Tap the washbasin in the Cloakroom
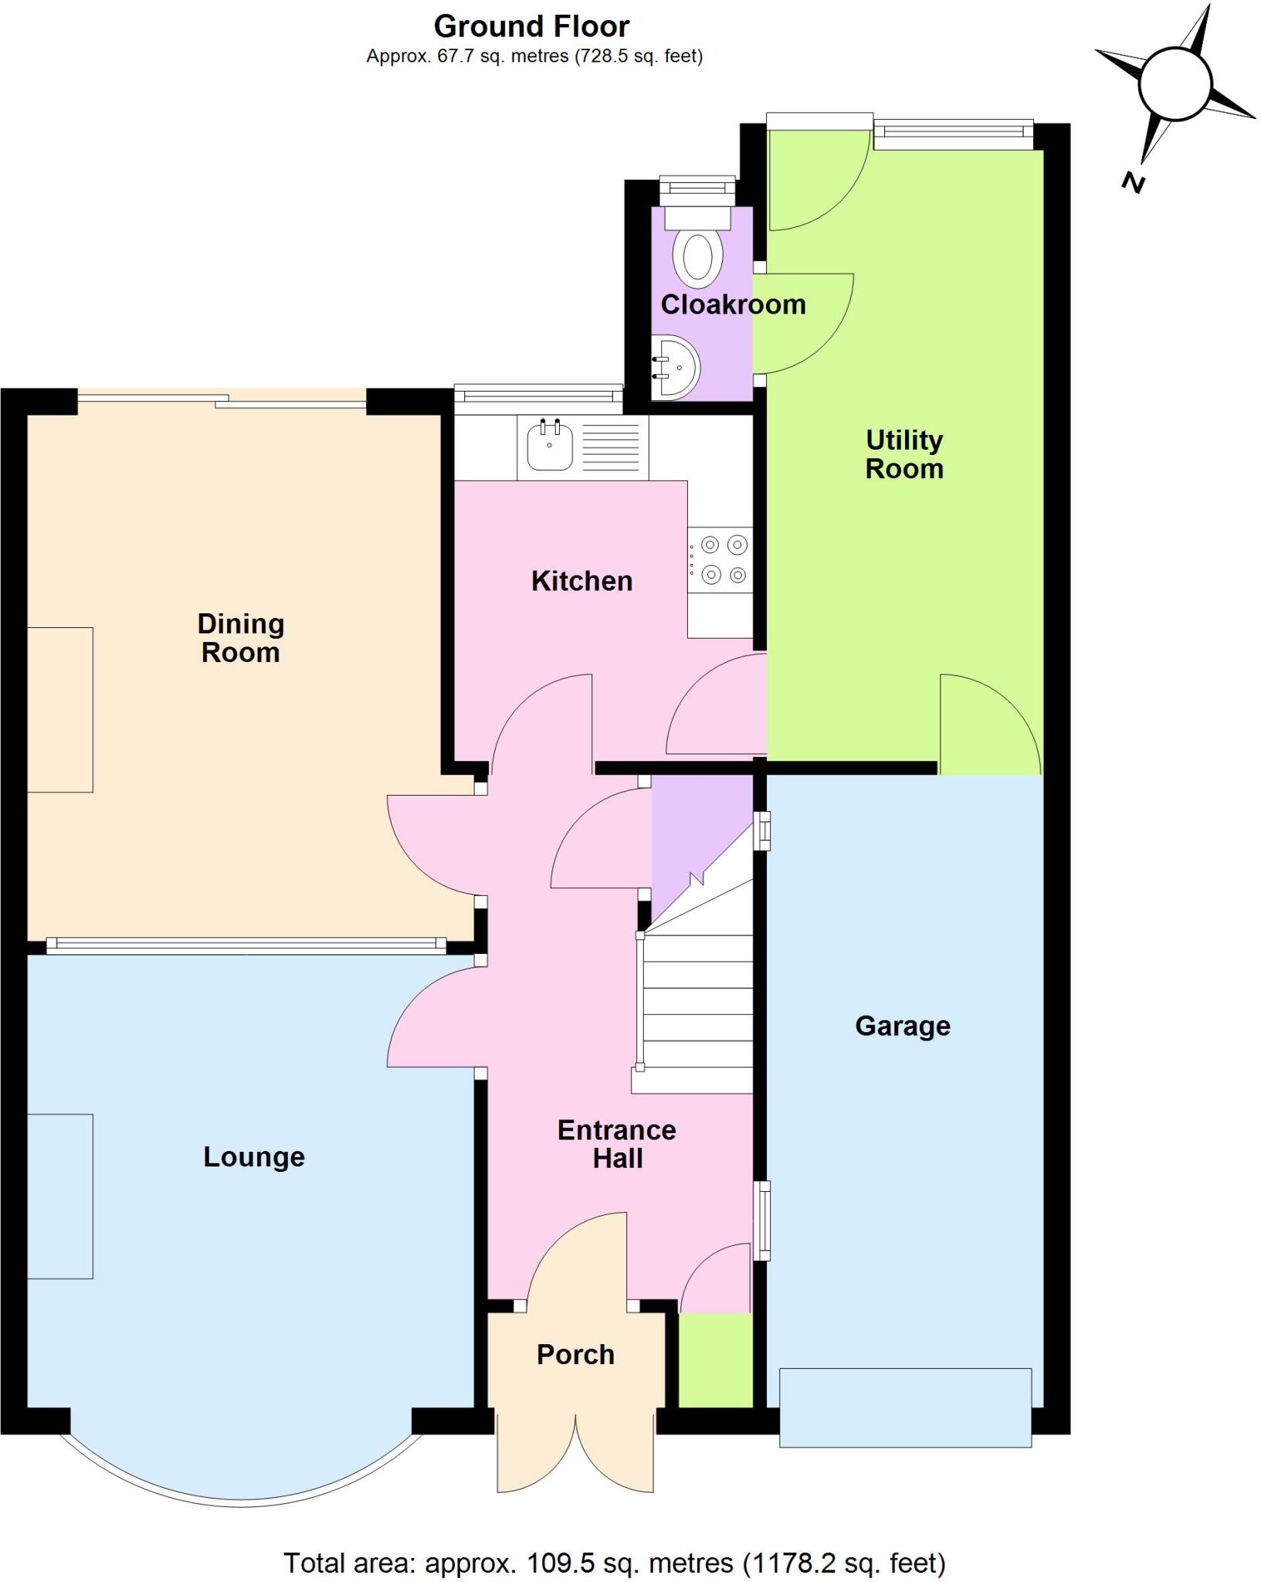click(676, 367)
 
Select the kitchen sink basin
click(549, 446)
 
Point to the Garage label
click(902, 1026)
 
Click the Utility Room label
click(904, 454)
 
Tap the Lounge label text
click(253, 1156)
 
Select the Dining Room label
click(240, 637)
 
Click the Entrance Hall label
click(617, 1144)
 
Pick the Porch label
click(575, 1354)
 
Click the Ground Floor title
click(531, 26)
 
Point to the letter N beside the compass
click(1133, 183)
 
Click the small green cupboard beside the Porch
click(715, 1360)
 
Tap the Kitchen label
click(581, 581)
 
